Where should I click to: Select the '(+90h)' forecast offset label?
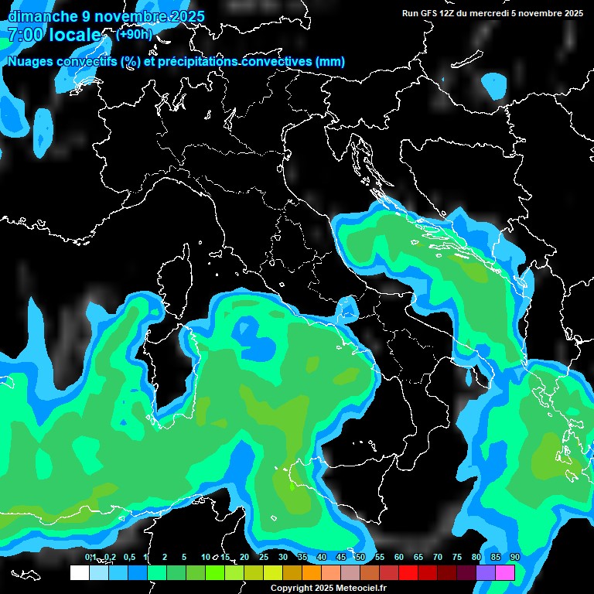click(134, 34)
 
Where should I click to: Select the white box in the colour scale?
click(79, 572)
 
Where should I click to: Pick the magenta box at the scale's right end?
click(505, 572)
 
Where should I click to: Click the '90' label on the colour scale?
click(514, 557)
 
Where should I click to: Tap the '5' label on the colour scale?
click(183, 557)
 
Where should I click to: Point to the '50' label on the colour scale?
click(360, 557)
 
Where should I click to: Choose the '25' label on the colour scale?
click(264, 557)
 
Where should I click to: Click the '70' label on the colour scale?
click(438, 557)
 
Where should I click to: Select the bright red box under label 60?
click(408, 572)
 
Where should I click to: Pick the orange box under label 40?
click(312, 572)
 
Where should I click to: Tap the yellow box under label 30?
click(272, 572)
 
